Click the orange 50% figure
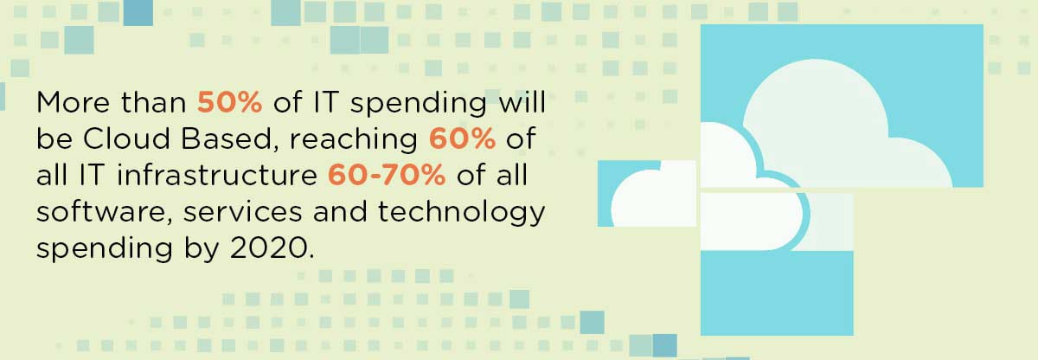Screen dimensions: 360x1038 [x=230, y=103]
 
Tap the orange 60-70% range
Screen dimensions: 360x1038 [x=387, y=176]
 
